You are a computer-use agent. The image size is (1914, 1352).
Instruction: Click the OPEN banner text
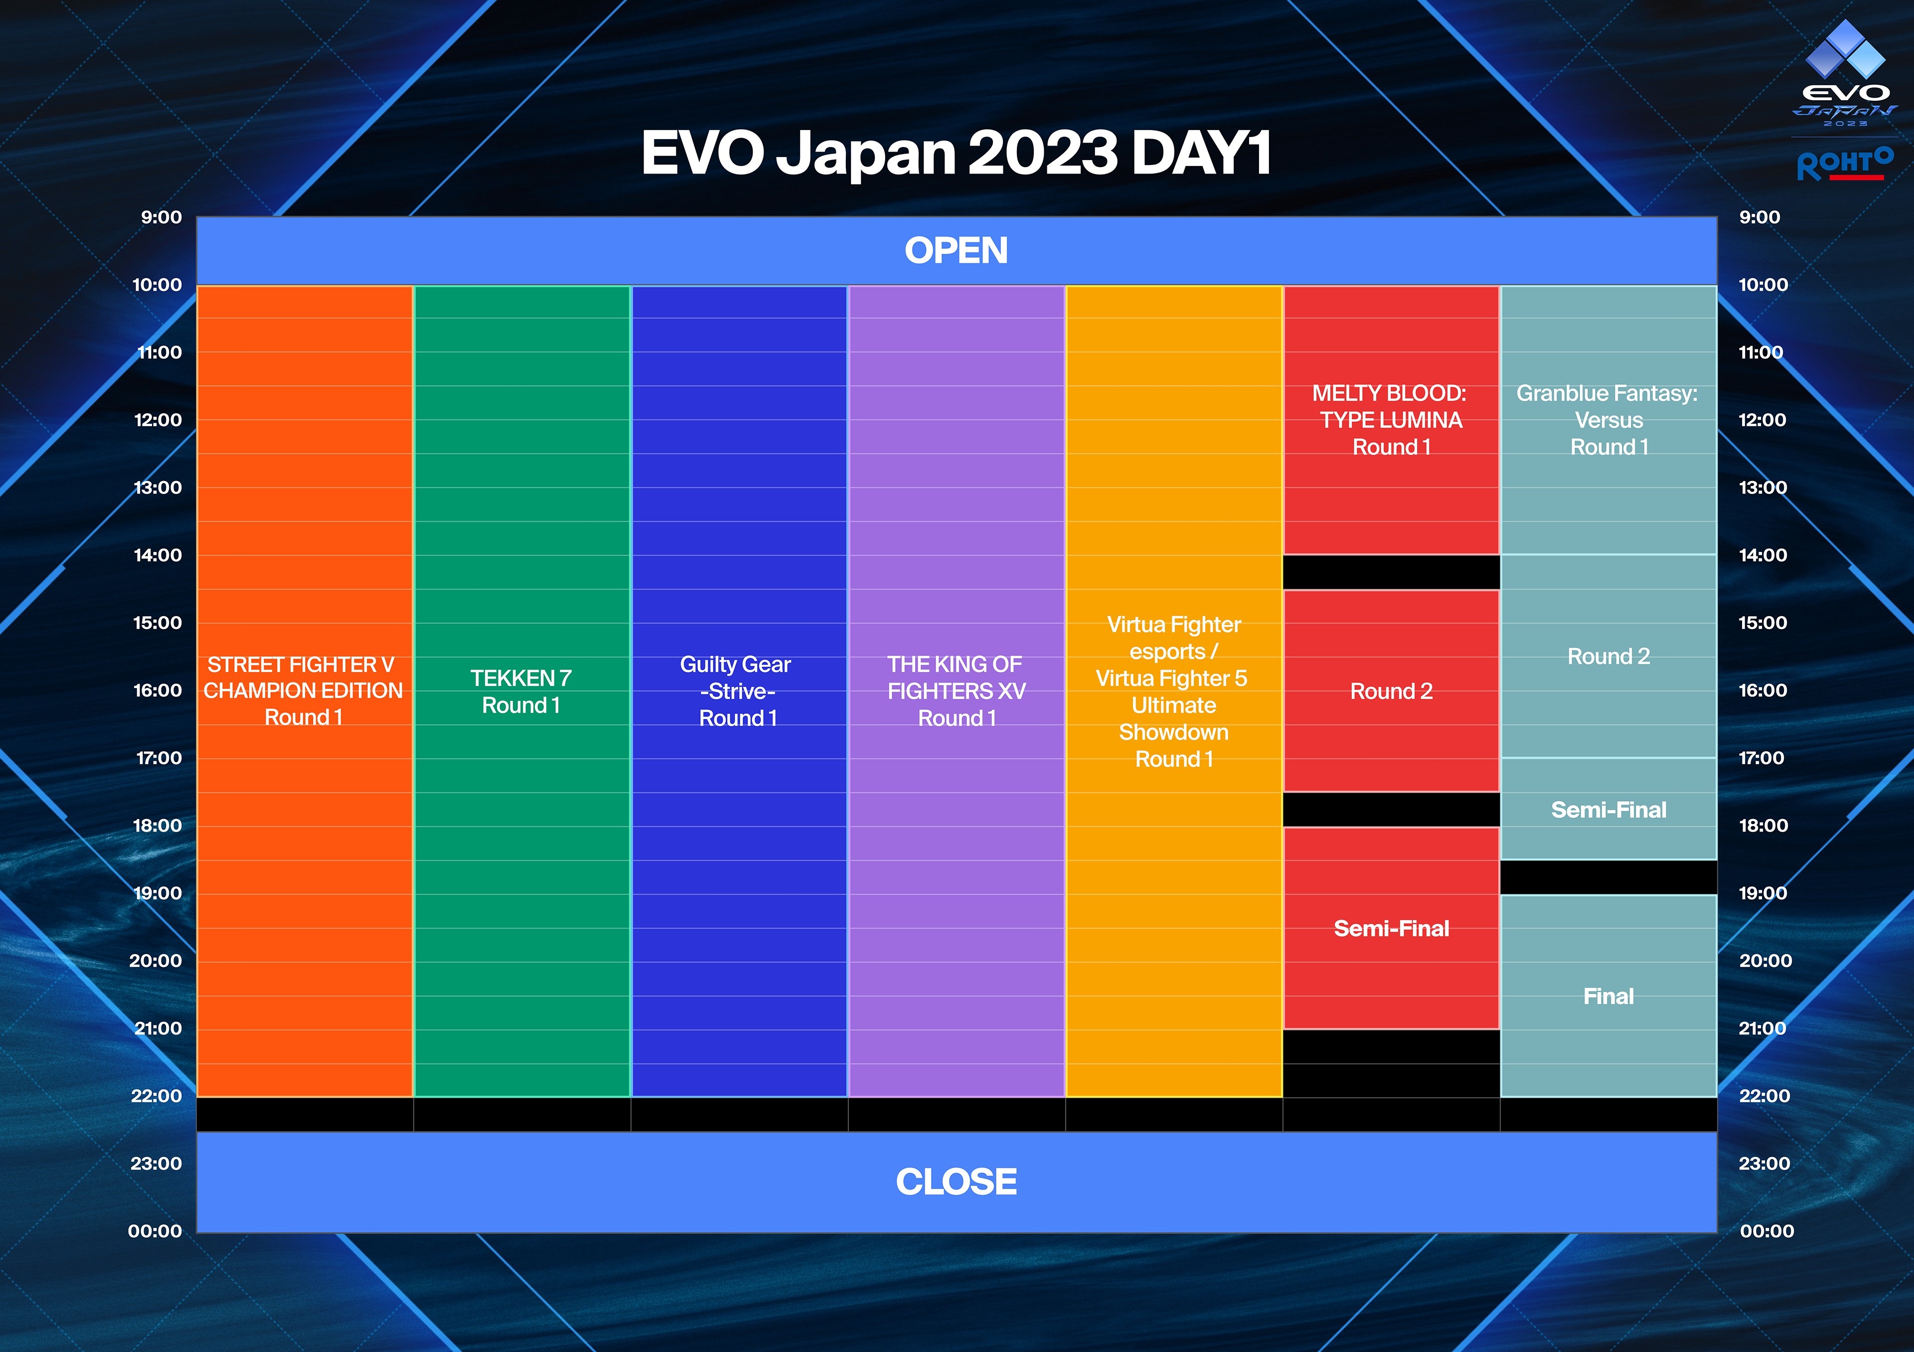click(x=956, y=251)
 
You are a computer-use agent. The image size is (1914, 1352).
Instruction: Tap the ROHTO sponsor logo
click(x=1845, y=164)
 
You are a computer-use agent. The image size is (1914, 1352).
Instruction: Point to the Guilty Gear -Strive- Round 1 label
click(x=737, y=691)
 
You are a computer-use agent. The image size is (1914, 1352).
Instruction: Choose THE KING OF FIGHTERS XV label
click(x=956, y=691)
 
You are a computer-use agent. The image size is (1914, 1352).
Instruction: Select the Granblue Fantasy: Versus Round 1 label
click(x=1607, y=420)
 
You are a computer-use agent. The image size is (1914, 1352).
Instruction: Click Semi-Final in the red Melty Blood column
click(x=1391, y=929)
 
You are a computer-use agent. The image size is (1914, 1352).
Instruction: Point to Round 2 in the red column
click(x=1391, y=691)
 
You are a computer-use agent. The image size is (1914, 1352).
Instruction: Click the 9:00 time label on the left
click(x=161, y=217)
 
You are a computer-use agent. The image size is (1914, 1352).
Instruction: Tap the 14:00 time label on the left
click(x=158, y=555)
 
